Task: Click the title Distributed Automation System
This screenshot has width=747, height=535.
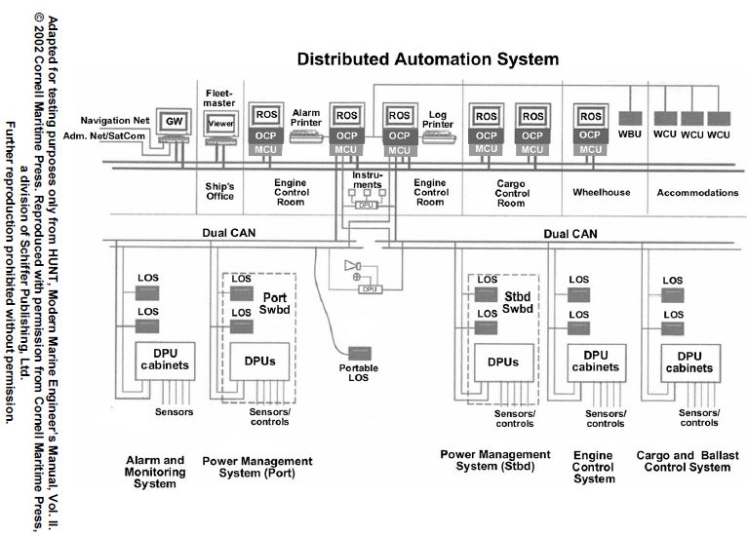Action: pyautogui.click(x=428, y=59)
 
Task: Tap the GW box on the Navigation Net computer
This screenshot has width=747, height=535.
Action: pyautogui.click(x=175, y=120)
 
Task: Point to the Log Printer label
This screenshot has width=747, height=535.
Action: pyautogui.click(x=438, y=119)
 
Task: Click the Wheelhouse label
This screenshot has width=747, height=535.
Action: pyautogui.click(x=589, y=192)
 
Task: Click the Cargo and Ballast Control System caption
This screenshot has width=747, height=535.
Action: pyautogui.click(x=683, y=461)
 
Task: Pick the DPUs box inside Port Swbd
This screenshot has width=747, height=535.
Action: pyautogui.click(x=259, y=362)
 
